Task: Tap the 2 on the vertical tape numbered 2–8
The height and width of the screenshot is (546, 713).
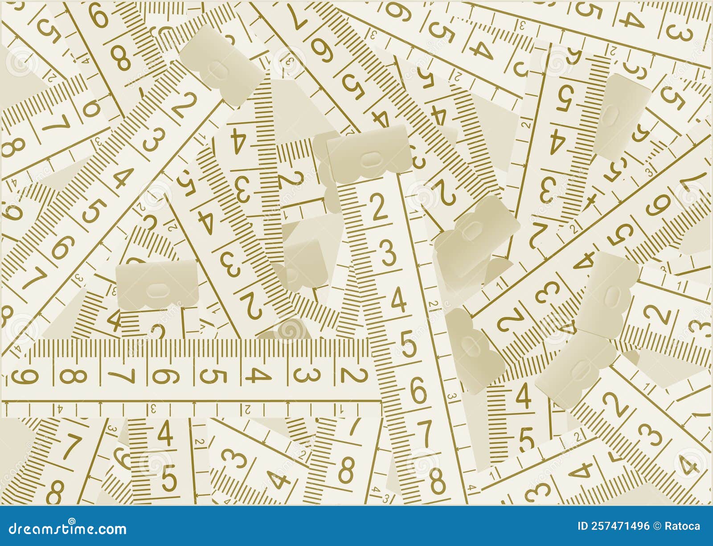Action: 379,208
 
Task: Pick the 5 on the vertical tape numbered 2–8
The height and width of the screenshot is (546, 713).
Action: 409,345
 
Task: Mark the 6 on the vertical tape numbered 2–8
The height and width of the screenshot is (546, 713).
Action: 418,391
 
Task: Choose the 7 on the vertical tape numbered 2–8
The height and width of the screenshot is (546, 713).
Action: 427,432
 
